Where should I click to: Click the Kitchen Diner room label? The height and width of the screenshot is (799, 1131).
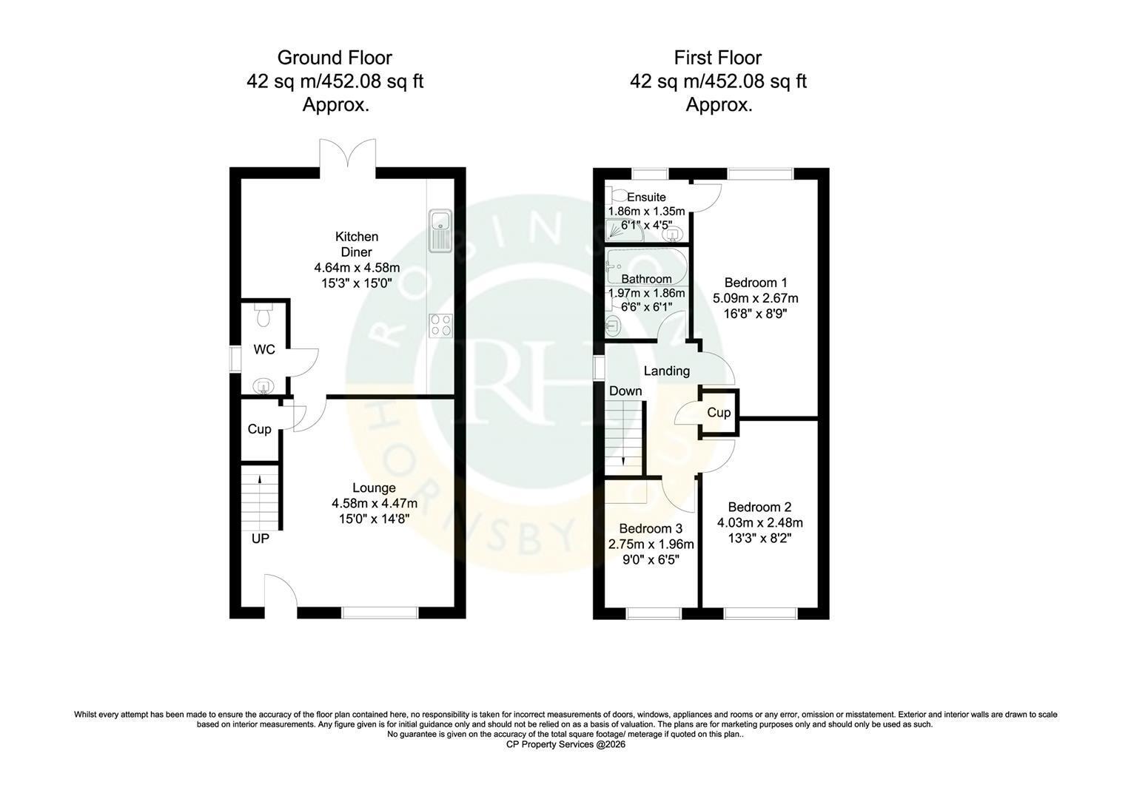pyautogui.click(x=357, y=244)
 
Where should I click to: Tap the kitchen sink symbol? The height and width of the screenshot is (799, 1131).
pyautogui.click(x=441, y=230)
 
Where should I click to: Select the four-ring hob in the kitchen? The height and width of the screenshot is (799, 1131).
pyautogui.click(x=441, y=326)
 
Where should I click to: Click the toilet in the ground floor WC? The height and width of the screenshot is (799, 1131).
pyautogui.click(x=263, y=314)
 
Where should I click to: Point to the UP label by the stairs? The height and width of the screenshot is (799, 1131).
pyautogui.click(x=261, y=539)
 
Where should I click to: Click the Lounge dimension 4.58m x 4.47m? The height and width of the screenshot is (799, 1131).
pyautogui.click(x=374, y=503)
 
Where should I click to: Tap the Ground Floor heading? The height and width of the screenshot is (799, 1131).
pyautogui.click(x=335, y=58)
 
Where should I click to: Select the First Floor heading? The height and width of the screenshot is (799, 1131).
pyautogui.click(x=717, y=58)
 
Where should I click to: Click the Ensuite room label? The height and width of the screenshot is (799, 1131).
pyautogui.click(x=646, y=197)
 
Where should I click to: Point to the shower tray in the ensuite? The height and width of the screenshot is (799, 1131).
pyautogui.click(x=625, y=230)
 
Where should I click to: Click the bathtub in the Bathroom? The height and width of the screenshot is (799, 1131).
pyautogui.click(x=647, y=266)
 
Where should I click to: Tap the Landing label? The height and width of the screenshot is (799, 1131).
pyautogui.click(x=666, y=371)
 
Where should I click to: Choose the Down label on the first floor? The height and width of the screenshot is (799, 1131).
pyautogui.click(x=625, y=391)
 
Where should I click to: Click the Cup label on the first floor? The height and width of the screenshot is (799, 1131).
pyautogui.click(x=719, y=413)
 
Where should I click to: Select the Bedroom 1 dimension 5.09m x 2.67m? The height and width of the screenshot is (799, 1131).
pyautogui.click(x=755, y=298)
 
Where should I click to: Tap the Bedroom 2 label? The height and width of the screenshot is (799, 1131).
pyautogui.click(x=759, y=507)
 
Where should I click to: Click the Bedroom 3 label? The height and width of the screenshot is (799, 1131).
pyautogui.click(x=651, y=528)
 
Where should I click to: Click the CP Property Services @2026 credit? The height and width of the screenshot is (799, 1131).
pyautogui.click(x=565, y=744)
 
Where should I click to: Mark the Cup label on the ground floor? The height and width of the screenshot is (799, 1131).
pyautogui.click(x=259, y=429)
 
